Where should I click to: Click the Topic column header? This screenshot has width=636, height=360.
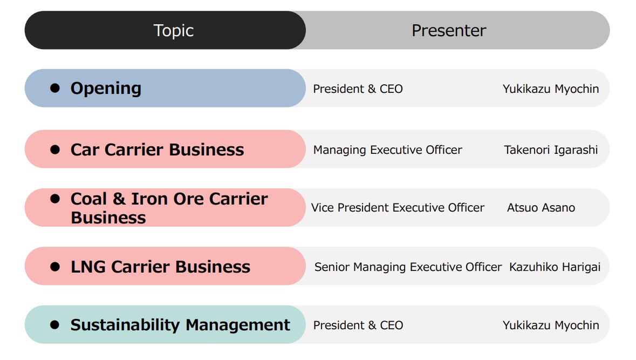click(x=174, y=31)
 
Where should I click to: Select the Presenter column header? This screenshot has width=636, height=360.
click(x=449, y=30)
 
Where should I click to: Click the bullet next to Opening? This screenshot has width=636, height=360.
click(x=55, y=87)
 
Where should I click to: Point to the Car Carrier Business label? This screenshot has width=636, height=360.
click(x=157, y=150)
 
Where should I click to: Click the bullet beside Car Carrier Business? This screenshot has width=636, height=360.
click(x=55, y=150)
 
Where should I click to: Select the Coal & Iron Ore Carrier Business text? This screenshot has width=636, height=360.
click(x=169, y=208)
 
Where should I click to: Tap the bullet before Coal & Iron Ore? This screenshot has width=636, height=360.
click(x=55, y=199)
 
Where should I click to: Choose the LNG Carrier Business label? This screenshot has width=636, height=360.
click(x=160, y=267)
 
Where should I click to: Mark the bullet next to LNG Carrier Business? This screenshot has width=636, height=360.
click(x=55, y=267)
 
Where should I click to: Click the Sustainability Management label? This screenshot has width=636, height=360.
click(x=180, y=325)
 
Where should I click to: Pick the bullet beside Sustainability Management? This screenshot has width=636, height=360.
click(x=55, y=325)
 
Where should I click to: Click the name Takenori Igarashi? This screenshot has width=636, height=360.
click(x=551, y=150)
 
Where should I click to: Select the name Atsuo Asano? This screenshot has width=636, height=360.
click(x=541, y=208)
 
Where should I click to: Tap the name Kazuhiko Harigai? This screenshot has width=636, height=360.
click(x=555, y=267)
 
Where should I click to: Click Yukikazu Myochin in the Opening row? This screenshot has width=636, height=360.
click(x=551, y=89)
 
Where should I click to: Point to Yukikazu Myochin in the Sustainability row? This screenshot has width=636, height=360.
click(x=551, y=325)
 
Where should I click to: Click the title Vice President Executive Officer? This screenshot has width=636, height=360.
click(x=398, y=208)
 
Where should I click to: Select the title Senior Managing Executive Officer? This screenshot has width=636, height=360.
click(x=408, y=267)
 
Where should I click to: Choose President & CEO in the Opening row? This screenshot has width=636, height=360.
click(x=358, y=89)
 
